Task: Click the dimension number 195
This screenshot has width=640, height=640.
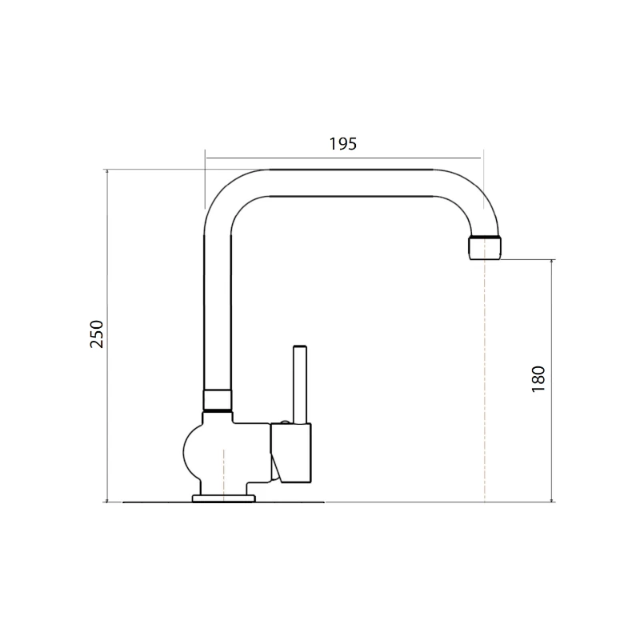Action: [342, 144]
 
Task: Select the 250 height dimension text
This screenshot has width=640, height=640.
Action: [97, 334]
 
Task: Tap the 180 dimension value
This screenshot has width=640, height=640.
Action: [538, 378]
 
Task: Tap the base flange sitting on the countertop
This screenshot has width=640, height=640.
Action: [224, 498]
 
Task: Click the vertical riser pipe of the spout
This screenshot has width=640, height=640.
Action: [218, 312]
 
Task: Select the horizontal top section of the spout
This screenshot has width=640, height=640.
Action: [352, 183]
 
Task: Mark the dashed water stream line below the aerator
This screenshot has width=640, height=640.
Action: [485, 384]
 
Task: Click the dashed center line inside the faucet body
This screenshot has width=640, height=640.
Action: [225, 472]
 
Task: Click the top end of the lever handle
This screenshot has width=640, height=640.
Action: [300, 349]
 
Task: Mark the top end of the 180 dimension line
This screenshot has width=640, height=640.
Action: [551, 260]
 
